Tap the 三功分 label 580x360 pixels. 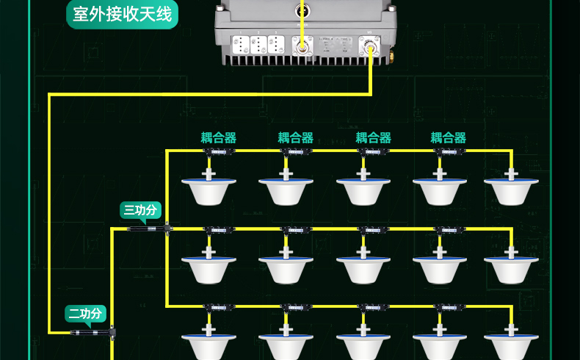tap(140, 211)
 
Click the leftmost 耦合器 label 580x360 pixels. tap(219, 137)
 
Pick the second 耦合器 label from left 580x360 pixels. tap(295, 137)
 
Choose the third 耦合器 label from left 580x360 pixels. tap(373, 137)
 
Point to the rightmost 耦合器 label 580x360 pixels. tap(449, 137)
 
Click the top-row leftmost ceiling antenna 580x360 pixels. tap(209, 189)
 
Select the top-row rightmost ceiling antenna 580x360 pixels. tap(511, 189)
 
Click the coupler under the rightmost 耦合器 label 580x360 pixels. tap(447, 151)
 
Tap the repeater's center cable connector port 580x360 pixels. tap(301, 46)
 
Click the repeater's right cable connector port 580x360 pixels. tap(369, 46)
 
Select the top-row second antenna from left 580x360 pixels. tap(286, 189)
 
